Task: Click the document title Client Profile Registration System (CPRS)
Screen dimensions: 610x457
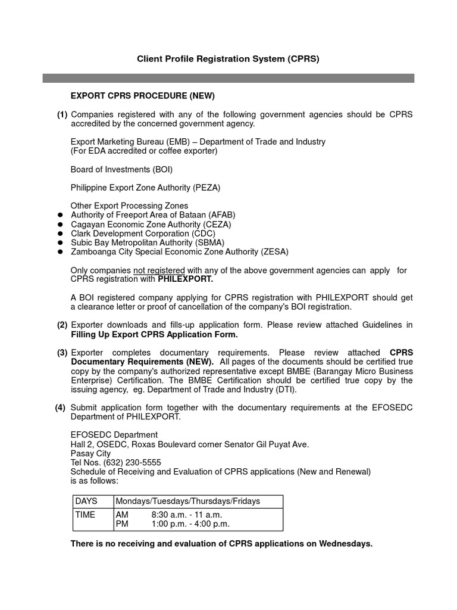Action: (x=228, y=59)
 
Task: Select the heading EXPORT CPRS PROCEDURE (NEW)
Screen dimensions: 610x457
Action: (x=142, y=96)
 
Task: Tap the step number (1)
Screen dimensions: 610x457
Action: (x=62, y=114)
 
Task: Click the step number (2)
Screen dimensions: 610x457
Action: (x=62, y=325)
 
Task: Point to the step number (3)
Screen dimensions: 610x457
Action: (x=62, y=353)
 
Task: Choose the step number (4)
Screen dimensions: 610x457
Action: (x=62, y=407)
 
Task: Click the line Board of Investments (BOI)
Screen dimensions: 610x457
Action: (x=121, y=169)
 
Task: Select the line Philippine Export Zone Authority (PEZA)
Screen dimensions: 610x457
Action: (x=145, y=188)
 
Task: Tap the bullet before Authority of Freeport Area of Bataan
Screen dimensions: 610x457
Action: (x=60, y=215)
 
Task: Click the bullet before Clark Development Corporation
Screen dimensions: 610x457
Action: (x=60, y=234)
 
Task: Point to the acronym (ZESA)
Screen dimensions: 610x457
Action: (x=274, y=252)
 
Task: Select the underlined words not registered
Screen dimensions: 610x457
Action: (x=159, y=270)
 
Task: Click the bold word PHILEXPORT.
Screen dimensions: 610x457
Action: (x=185, y=279)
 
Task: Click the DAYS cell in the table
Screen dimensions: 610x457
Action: (x=86, y=501)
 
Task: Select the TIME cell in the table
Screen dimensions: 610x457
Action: (x=85, y=515)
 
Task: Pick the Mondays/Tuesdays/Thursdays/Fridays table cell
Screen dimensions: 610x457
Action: (x=188, y=501)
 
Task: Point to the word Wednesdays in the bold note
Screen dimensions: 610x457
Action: (x=345, y=543)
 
